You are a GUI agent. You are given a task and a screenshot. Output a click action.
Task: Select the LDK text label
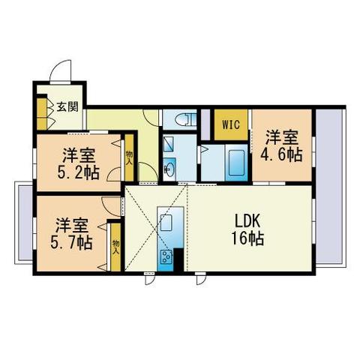245,223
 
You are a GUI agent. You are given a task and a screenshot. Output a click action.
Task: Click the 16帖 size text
246,240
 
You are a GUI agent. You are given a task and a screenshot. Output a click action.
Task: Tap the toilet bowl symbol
185,118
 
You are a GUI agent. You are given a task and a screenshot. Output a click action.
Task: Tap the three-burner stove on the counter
165,259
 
